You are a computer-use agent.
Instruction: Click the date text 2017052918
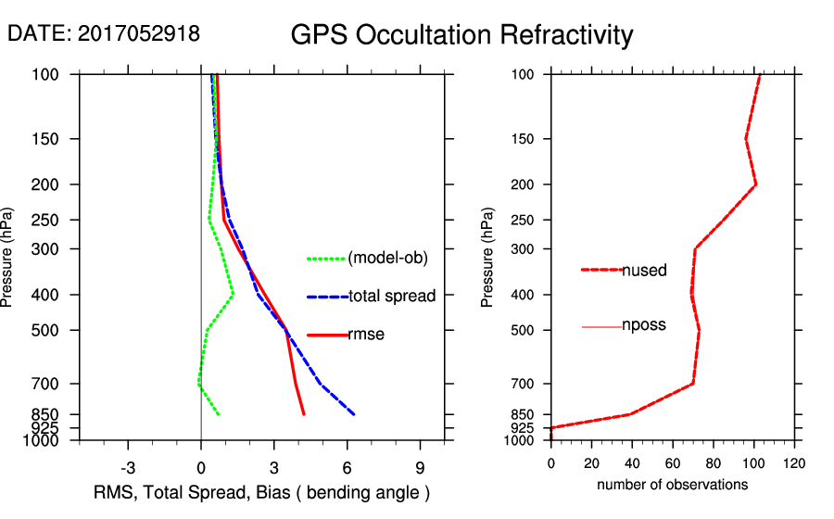tap(139, 34)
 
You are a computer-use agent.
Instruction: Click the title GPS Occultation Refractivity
tap(461, 35)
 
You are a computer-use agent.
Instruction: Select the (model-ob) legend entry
tap(387, 259)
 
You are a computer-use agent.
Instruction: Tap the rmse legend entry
tap(365, 335)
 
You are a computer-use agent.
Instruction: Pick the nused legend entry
tap(644, 270)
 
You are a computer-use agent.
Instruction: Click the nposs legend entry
tap(644, 326)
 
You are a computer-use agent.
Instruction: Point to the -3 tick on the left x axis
tap(128, 466)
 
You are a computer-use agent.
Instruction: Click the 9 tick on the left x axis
tap(420, 466)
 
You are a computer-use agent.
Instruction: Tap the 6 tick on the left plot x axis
tap(347, 466)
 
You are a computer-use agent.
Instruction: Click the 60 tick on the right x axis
tap(673, 462)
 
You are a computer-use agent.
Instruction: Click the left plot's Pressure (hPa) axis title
tap(8, 257)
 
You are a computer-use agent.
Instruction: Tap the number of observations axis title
tap(672, 485)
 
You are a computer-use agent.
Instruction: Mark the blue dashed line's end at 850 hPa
tap(354, 414)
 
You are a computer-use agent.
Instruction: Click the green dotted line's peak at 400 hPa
tap(234, 295)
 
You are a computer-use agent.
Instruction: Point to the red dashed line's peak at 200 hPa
tap(756, 184)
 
